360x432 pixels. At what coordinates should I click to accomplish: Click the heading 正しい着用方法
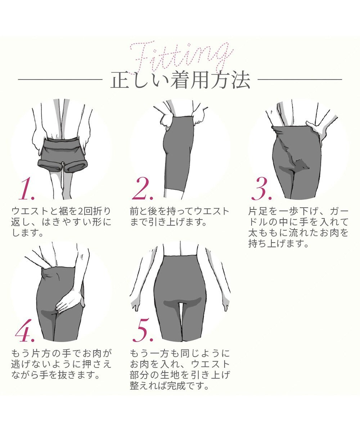tap(180, 81)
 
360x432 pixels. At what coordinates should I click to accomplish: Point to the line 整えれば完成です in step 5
tap(170, 387)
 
